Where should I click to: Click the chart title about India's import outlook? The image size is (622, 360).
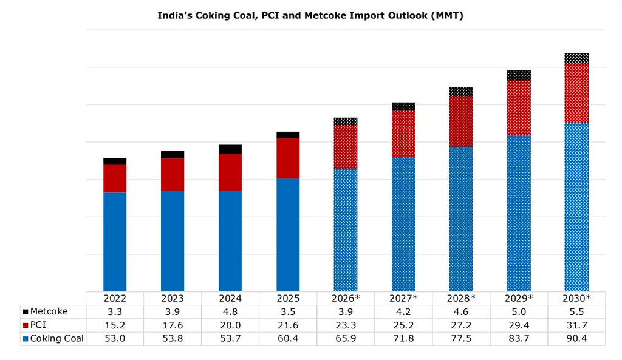click(310, 16)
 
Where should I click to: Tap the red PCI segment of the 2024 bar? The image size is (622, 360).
click(230, 172)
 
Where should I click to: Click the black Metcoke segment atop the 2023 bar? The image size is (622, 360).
click(173, 154)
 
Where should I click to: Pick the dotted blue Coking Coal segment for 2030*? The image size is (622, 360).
click(576, 206)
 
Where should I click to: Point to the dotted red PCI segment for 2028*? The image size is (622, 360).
click(461, 121)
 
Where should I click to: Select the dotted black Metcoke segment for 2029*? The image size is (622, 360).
click(519, 75)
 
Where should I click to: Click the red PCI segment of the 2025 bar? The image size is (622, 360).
click(288, 158)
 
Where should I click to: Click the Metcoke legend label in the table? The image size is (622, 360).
click(49, 311)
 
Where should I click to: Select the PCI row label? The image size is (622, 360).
click(38, 325)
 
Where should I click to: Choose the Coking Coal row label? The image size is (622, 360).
click(56, 338)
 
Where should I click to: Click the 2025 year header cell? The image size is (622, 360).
click(288, 298)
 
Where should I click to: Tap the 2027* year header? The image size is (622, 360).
click(403, 298)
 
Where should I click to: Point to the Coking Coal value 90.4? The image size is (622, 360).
click(576, 338)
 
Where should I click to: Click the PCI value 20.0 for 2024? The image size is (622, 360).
click(230, 325)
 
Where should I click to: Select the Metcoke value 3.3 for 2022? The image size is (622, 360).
click(115, 311)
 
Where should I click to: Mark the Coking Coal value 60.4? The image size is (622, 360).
click(288, 338)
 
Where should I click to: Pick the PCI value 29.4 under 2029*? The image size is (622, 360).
click(519, 325)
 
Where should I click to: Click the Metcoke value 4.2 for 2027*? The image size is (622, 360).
click(403, 311)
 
